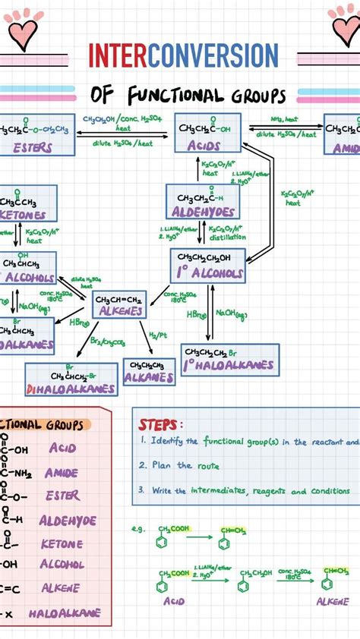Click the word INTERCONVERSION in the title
(183, 55)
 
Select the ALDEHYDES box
(204, 201)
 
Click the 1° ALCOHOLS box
(208, 266)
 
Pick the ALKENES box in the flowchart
(119, 304)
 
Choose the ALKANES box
(150, 372)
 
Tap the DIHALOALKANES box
(71, 379)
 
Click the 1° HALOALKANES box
(229, 360)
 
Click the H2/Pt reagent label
(156, 335)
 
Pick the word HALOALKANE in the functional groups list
(65, 613)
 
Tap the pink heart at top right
(345, 30)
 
